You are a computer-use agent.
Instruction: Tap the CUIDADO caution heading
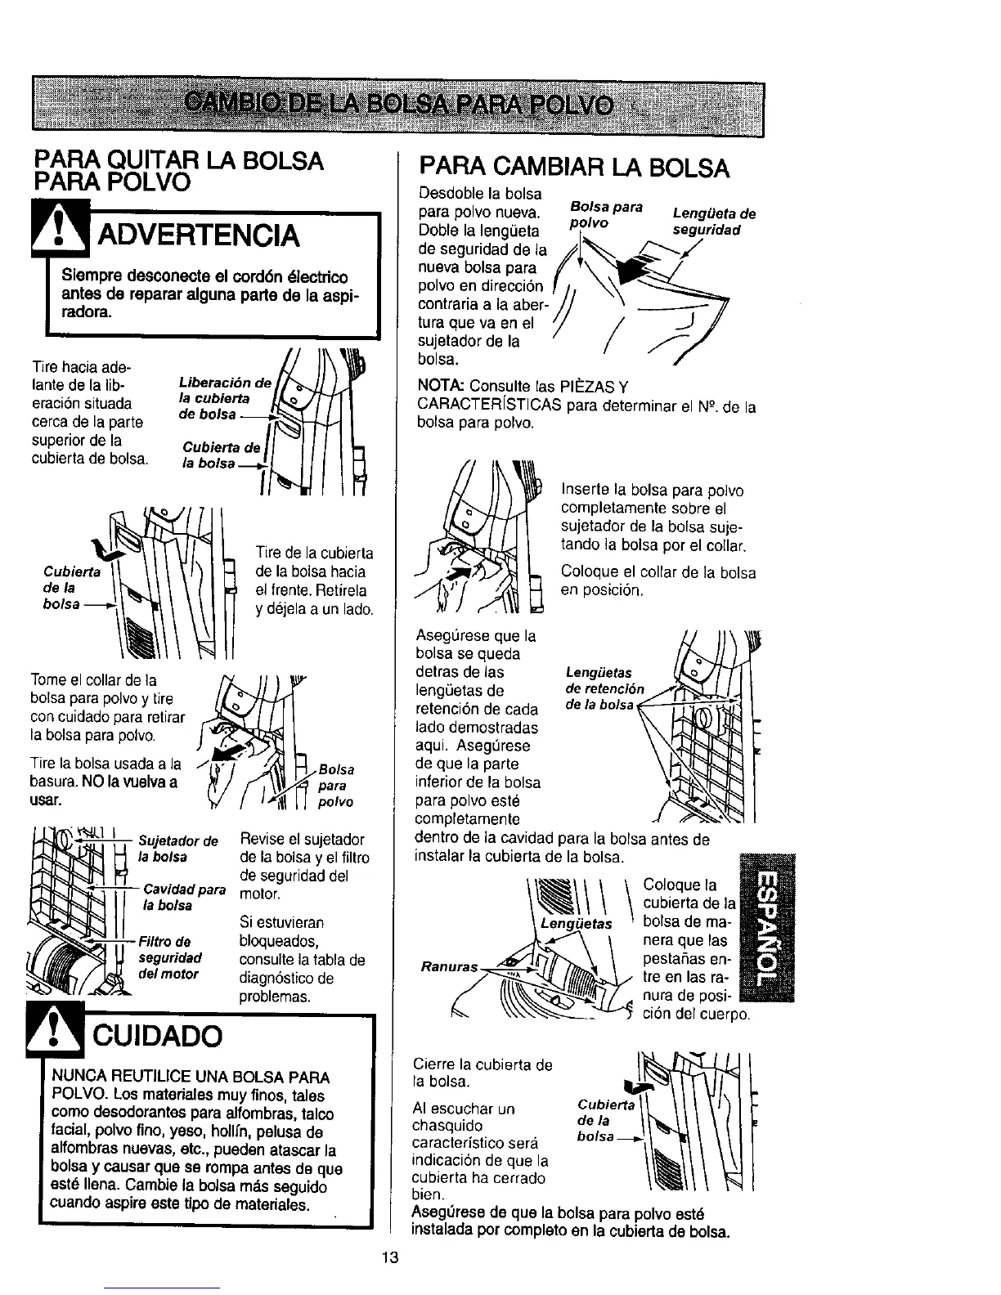click(160, 1036)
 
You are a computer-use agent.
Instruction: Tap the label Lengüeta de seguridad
click(713, 222)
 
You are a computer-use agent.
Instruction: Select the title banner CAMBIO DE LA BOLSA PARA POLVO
click(398, 104)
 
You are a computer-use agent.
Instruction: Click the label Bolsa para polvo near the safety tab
click(605, 213)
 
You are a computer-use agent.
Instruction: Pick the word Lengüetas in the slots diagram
click(576, 924)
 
